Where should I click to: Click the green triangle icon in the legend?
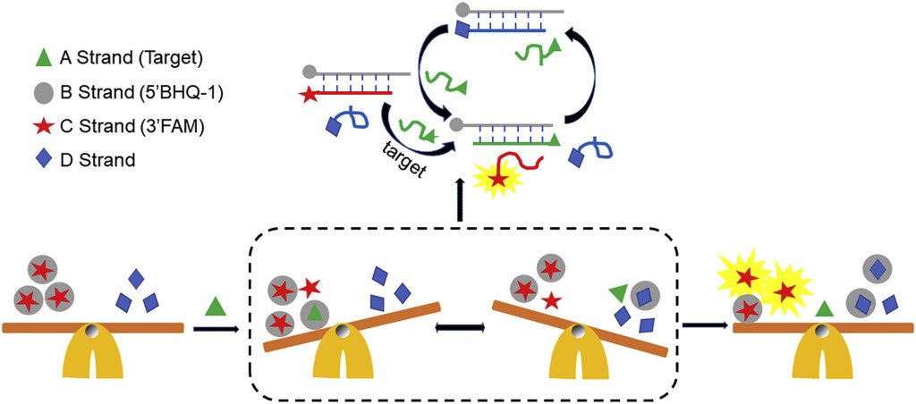point(41,56)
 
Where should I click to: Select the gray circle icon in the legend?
point(41,92)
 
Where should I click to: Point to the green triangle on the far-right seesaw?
point(824,309)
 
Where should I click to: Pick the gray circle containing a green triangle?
point(313,314)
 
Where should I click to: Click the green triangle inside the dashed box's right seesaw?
point(616,291)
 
